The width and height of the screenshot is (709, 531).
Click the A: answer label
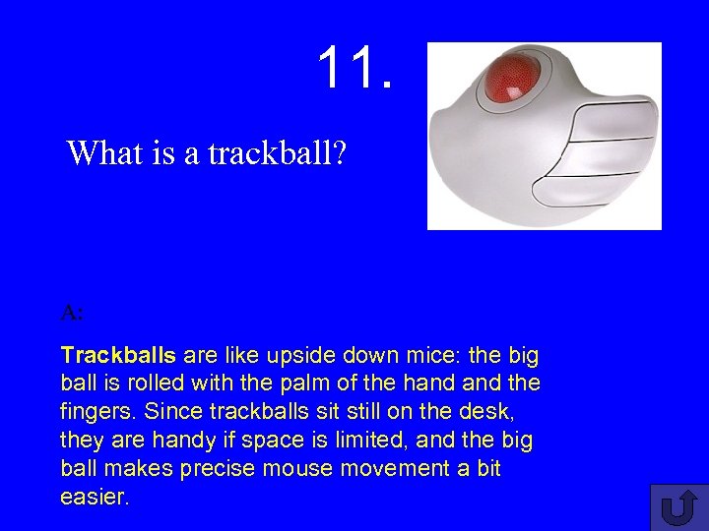click(x=72, y=313)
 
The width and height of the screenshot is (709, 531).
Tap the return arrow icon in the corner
click(x=677, y=507)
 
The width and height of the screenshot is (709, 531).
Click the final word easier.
click(x=95, y=497)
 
